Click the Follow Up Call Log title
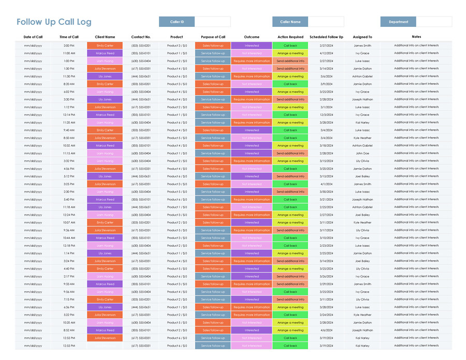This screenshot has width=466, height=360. coord(54,22)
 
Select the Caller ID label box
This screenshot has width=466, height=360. coord(177,22)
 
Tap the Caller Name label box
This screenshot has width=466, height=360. coord(290,22)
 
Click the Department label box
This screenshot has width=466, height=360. coord(398,22)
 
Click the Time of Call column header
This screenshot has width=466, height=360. coord(69,37)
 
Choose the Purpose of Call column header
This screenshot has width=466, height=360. coord(213,37)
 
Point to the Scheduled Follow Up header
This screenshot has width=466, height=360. coord(326,37)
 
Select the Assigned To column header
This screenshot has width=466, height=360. coord(362,37)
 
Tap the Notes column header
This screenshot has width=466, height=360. coord(416,37)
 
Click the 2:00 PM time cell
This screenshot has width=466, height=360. coord(69,46)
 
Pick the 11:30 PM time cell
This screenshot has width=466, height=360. coord(69,77)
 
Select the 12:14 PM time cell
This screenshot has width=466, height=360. coord(69,115)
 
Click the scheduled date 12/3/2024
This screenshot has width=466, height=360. coord(326,115)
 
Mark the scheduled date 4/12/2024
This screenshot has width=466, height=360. coord(326,53)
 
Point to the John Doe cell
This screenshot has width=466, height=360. coord(362,154)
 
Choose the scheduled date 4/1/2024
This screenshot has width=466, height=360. coord(326,184)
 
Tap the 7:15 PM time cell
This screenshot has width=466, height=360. coord(69,299)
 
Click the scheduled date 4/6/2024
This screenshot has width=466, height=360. coord(326,331)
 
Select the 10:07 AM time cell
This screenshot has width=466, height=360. coord(69,223)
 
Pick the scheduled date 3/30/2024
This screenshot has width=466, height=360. coord(326,192)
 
